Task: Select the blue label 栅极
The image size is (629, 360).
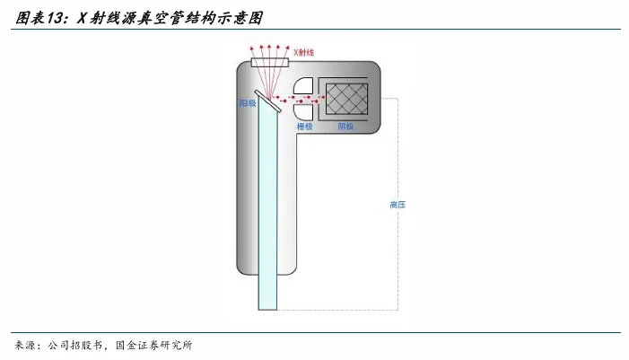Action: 305,127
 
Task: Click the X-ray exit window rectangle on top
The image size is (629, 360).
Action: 269,64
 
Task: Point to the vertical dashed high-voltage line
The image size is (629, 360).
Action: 398,251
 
